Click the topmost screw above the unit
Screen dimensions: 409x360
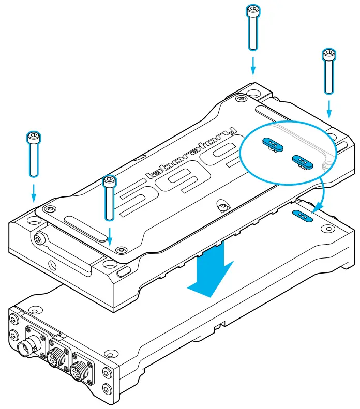(252, 28)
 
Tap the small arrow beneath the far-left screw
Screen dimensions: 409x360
(34, 193)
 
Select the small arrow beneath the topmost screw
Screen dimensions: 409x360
(252, 66)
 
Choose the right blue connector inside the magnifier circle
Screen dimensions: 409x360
(301, 161)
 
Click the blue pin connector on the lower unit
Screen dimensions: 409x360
(303, 216)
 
